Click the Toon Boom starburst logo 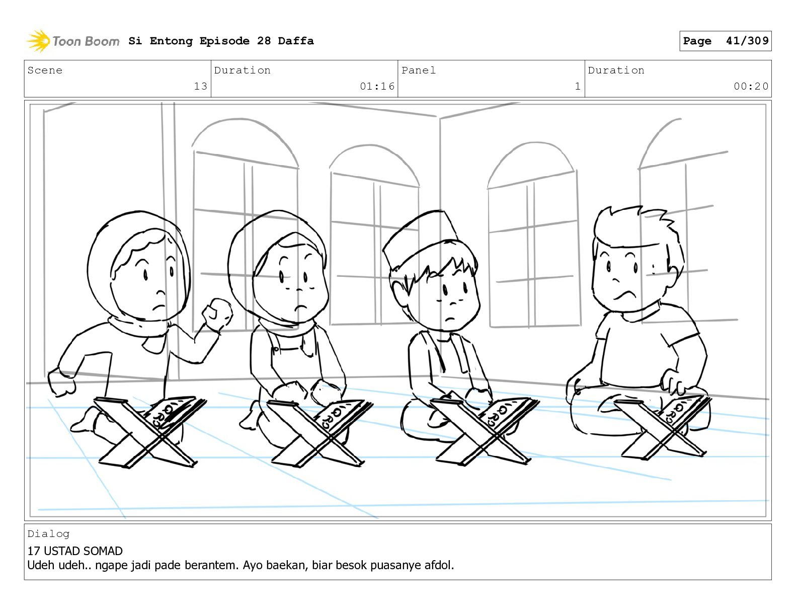[38, 41]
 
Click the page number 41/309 [747, 41]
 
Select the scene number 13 [200, 86]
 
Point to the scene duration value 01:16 [377, 86]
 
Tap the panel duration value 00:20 [751, 86]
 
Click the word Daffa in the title [296, 41]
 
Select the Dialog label [48, 534]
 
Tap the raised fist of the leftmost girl [218, 314]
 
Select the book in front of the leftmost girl [174, 412]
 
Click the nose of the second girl [300, 289]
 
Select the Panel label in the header [419, 70]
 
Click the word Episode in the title [224, 41]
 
